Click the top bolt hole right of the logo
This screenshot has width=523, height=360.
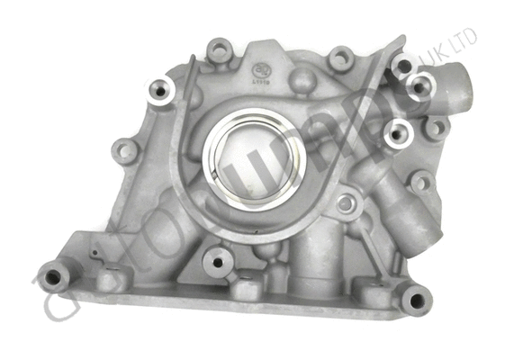pyautogui.click(x=340, y=59)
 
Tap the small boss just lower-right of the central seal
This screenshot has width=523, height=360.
pyautogui.click(x=346, y=202)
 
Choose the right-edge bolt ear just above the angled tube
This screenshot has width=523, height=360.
pyautogui.click(x=419, y=182)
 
